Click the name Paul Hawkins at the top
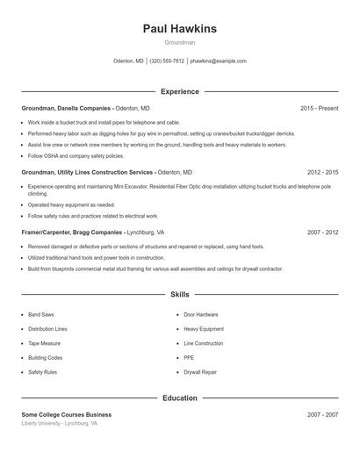tap(179, 29)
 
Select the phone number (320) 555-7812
tap(167, 61)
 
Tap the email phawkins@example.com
tap(219, 61)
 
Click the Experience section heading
tap(179, 91)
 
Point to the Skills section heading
tap(179, 294)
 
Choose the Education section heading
tap(179, 398)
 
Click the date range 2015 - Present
tap(319, 108)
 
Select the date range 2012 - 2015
tap(322, 173)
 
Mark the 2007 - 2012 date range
tap(322, 232)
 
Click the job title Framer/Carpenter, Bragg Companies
tap(73, 232)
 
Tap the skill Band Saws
tap(40, 314)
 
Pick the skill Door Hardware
tap(201, 314)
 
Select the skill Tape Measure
tap(44, 343)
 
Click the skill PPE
tap(189, 358)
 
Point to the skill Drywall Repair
tap(201, 372)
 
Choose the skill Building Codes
tap(45, 358)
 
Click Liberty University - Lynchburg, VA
tap(60, 423)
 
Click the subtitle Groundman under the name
tap(179, 42)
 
